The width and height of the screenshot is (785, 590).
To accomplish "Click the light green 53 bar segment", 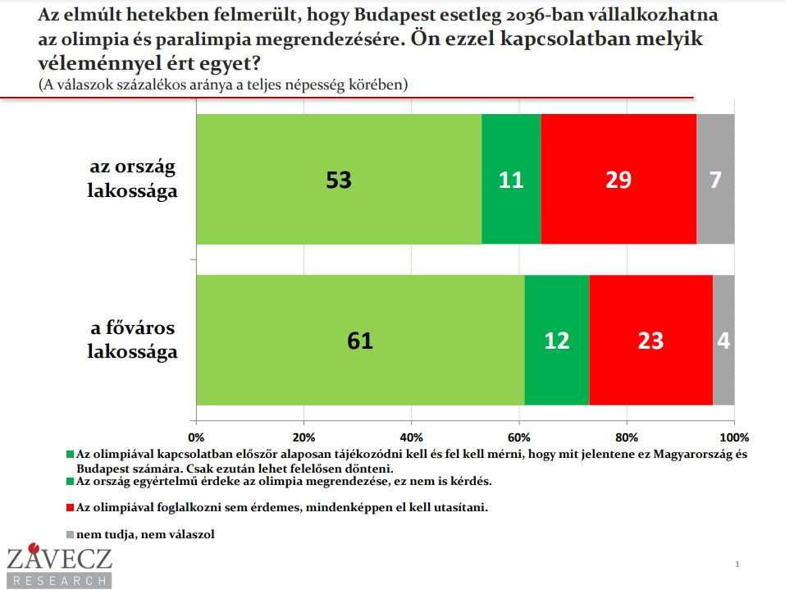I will pos(339,179).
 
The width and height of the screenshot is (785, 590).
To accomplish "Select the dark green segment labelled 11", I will pos(511,179).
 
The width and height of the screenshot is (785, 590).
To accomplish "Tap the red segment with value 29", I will pos(618,179).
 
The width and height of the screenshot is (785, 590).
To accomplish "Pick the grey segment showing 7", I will pos(715,179).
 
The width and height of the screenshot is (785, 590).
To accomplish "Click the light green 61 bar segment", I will pos(360,340).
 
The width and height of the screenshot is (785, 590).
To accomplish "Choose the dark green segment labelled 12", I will pos(557,340).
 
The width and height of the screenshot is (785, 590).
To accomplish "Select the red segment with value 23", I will pos(650,340).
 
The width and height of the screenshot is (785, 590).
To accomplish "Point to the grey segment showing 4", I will pos(723,340).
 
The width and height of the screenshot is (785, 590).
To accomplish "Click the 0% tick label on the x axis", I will pos(196,437).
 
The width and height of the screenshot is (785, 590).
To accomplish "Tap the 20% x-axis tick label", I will pos(304,437).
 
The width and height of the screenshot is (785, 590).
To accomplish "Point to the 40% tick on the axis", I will pos(411,437).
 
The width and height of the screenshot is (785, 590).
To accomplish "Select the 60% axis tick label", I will pos(518,437).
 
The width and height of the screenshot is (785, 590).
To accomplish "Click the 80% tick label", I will pos(626,437).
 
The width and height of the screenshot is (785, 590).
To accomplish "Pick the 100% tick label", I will pos(733,437).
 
